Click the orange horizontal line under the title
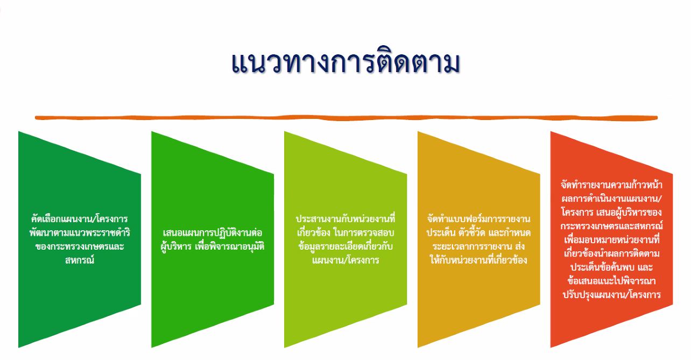[346, 117]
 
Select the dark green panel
[80, 239]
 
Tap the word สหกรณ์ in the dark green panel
[80, 260]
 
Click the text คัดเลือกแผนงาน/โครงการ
[80, 219]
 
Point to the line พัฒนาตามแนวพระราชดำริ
[80, 232]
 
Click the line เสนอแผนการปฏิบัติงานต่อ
[213, 232]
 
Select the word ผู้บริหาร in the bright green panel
[176, 247]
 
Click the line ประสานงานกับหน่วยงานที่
[345, 219]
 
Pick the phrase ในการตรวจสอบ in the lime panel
[364, 232]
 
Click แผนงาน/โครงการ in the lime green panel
[345, 260]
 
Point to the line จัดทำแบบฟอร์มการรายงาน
[479, 219]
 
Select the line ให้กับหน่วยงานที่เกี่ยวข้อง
[479, 260]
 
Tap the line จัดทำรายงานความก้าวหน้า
[611, 185]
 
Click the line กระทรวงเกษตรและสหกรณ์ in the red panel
[611, 226]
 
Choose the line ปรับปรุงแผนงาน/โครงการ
[611, 294]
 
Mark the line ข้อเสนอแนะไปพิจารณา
[611, 281]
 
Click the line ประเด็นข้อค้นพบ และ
[611, 267]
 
